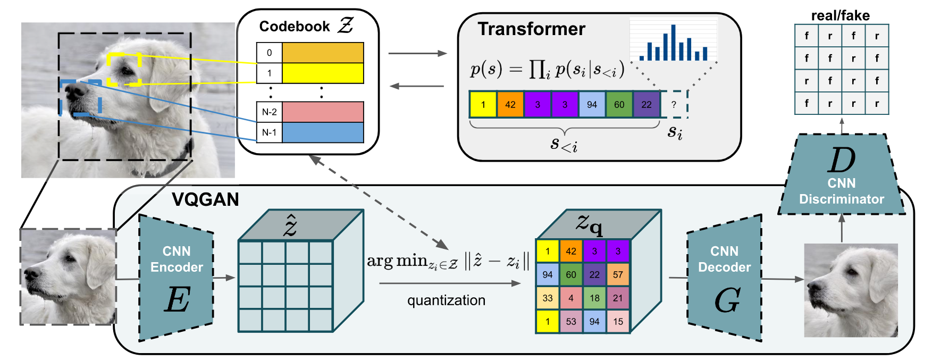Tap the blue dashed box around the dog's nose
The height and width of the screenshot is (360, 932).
[80, 98]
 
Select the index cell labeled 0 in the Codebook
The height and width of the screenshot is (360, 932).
[269, 53]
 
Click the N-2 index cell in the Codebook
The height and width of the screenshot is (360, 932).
[269, 112]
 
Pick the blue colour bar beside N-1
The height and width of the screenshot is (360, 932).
[323, 132]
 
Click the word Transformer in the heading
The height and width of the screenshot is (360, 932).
[531, 29]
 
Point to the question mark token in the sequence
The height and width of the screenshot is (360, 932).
[674, 104]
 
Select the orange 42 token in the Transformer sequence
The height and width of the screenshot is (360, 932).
[510, 104]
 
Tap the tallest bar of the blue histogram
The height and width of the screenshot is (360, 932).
[674, 43]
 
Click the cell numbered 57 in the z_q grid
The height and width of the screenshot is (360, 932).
[618, 274]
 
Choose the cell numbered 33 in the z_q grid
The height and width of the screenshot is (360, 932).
[548, 298]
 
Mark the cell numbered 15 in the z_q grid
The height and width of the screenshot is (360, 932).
[618, 321]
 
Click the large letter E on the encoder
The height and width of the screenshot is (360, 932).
[177, 300]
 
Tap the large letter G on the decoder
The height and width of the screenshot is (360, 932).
[727, 300]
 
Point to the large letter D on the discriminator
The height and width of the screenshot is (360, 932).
[842, 160]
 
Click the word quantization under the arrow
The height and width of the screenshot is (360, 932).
[446, 300]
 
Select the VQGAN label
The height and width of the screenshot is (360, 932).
[205, 199]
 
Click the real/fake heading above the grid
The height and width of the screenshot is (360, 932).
[841, 16]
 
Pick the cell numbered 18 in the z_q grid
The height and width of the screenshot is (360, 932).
[594, 298]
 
